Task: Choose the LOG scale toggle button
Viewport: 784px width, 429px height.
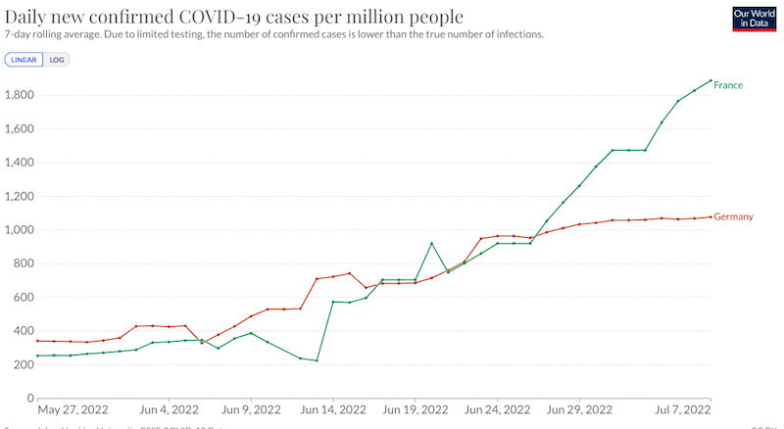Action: (56, 59)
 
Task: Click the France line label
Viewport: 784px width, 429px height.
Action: (728, 85)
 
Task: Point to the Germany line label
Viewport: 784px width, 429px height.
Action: (734, 215)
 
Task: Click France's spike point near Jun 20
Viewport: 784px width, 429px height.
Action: (432, 243)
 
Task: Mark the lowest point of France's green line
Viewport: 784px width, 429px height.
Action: (317, 360)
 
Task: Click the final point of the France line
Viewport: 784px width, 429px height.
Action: (710, 80)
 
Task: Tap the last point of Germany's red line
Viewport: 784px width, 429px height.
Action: (710, 216)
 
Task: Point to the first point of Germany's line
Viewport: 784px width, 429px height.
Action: (38, 341)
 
